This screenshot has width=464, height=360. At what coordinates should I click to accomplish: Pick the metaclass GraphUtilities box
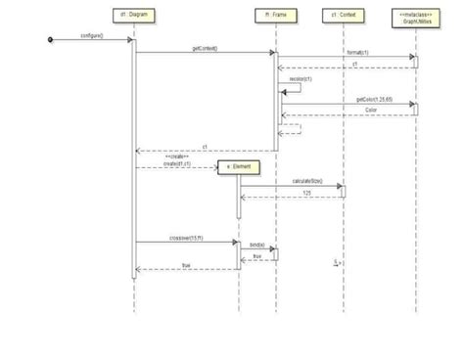tap(415, 16)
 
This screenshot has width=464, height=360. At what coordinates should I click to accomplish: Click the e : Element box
tap(240, 167)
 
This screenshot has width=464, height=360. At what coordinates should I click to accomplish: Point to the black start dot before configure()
tap(50, 39)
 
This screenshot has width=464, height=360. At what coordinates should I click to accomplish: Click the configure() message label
tap(93, 35)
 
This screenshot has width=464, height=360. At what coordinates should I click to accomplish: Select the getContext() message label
tap(205, 48)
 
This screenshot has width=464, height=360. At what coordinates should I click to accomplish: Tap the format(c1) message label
tap(356, 53)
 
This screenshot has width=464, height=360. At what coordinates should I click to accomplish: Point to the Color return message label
tap(370, 110)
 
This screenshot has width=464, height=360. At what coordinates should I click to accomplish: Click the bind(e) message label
tap(256, 245)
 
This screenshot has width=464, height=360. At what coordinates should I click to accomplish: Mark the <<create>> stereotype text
tap(176, 157)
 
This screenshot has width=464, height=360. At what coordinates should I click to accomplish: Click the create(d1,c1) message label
tap(177, 163)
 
